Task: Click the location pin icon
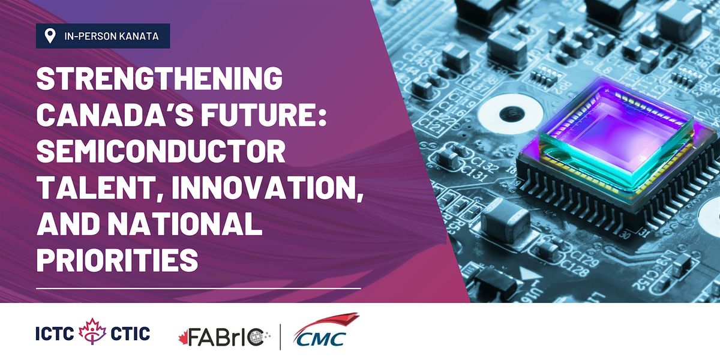pos(50,36)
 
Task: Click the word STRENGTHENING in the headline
pos(160,78)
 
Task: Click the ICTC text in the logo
pos(55,334)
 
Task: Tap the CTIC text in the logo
pos(130,334)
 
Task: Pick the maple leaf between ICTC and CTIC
pos(92,331)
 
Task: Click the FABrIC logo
pos(224,337)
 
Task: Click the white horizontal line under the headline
pos(199,289)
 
